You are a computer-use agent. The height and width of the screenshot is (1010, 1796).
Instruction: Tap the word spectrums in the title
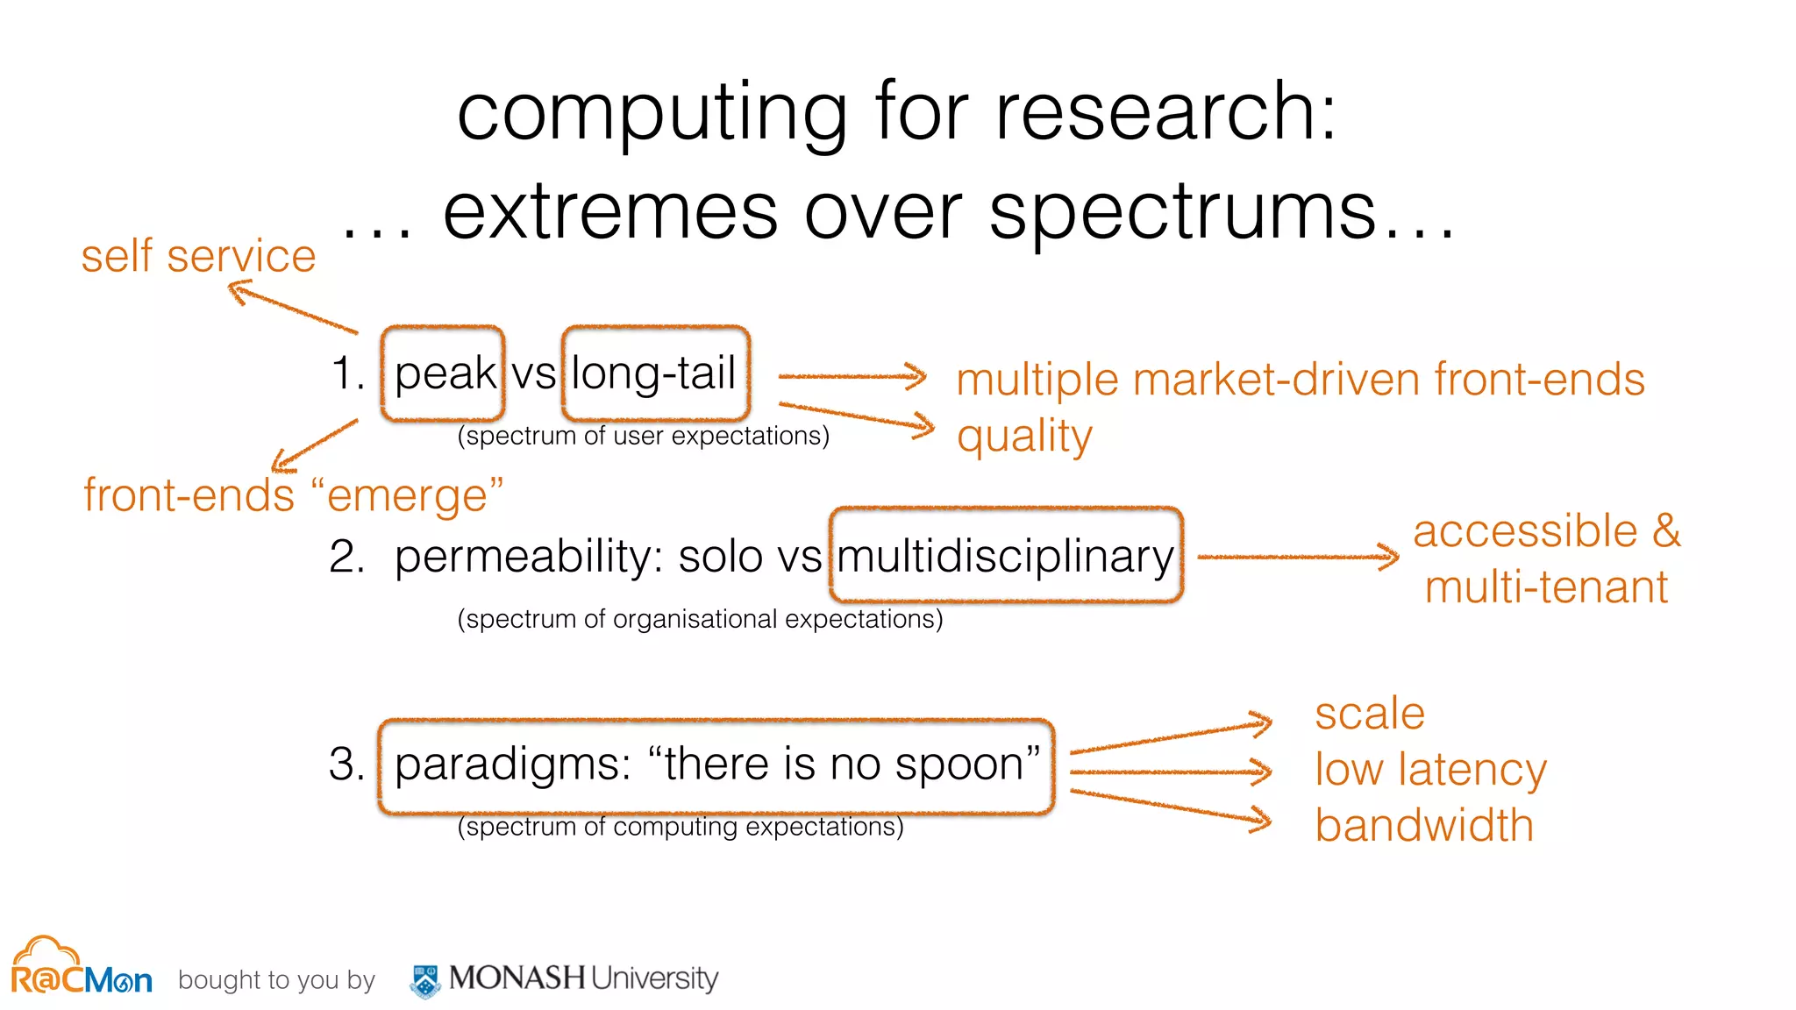pos(1183,214)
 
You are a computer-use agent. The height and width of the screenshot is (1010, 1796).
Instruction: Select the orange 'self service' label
pos(198,257)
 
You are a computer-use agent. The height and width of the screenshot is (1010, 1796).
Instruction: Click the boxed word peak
pos(445,373)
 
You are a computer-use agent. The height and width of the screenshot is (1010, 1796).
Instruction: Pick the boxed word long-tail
pos(654,373)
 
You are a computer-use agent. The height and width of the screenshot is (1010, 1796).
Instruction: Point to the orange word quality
pos(1024,437)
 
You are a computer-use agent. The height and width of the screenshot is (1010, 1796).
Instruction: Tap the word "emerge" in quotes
pos(407,496)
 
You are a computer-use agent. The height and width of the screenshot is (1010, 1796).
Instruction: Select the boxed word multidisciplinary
pos(1005,557)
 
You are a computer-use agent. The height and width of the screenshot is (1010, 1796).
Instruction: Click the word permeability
pos(530,557)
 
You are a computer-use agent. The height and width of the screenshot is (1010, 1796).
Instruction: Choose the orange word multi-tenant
pos(1546,587)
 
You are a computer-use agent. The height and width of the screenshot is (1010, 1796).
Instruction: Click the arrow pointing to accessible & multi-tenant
pos(1298,557)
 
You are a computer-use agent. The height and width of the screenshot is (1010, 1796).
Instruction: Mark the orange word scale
pos(1369,714)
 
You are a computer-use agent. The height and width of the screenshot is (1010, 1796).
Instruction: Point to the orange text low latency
pos(1430,770)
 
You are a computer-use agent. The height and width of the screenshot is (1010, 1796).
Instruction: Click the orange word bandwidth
pos(1424,826)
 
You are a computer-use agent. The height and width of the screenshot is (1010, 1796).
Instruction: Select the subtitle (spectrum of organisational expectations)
pos(700,619)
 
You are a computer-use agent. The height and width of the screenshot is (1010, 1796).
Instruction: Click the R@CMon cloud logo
pos(81,968)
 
